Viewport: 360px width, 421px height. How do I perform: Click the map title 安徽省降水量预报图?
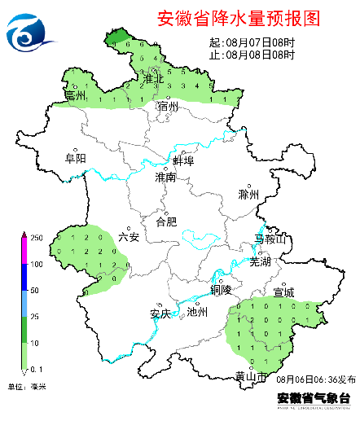tap(236, 18)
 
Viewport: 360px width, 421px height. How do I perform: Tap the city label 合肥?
tap(165, 221)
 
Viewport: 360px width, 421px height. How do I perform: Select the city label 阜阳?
tap(75, 159)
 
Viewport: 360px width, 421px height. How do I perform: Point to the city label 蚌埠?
tap(184, 160)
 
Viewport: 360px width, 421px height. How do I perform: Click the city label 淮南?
tap(165, 177)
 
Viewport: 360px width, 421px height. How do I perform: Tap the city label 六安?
tap(129, 237)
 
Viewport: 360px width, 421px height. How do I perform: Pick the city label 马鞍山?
tap(270, 239)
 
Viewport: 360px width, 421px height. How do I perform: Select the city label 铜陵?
tap(221, 289)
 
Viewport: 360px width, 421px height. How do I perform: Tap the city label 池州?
tap(198, 312)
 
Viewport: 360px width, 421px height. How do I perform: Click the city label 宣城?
tap(284, 292)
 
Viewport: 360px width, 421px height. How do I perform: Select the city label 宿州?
tap(168, 107)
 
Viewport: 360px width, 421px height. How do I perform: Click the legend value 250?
tap(36, 238)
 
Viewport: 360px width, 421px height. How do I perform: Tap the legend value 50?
tap(36, 290)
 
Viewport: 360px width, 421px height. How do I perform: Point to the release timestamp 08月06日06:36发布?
tap(315, 379)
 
